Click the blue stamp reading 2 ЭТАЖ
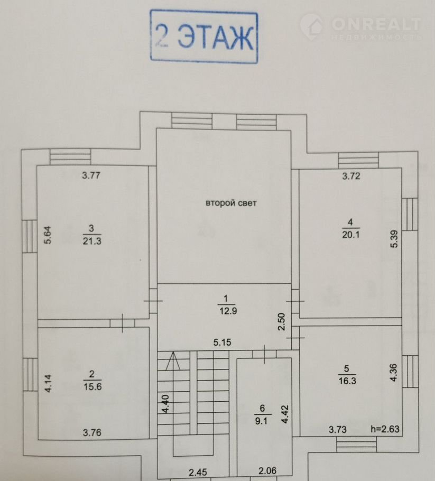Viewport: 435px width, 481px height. (203, 36)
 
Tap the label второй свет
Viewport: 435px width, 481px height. (230, 203)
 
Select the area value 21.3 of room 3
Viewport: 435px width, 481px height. (92, 241)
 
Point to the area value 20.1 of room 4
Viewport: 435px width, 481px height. (350, 235)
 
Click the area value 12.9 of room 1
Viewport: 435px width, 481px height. (228, 311)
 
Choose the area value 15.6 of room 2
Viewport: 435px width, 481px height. (92, 386)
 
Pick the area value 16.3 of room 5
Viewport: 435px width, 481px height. (347, 381)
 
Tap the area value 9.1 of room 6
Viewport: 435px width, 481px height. (261, 421)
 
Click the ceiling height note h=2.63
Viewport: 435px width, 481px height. (385, 429)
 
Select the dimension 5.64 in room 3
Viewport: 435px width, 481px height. (48, 235)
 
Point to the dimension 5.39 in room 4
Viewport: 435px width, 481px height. (394, 239)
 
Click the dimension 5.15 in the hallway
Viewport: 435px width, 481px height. (223, 343)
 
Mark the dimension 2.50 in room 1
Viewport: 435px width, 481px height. (281, 321)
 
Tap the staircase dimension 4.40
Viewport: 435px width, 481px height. (165, 404)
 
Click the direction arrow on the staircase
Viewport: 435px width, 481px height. (173, 361)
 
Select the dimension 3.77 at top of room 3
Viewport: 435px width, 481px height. (91, 175)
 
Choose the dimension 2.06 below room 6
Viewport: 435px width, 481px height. (267, 470)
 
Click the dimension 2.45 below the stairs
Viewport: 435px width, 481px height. (198, 473)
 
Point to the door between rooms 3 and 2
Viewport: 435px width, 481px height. (123, 323)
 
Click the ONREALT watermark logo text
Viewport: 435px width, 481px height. (376, 24)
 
